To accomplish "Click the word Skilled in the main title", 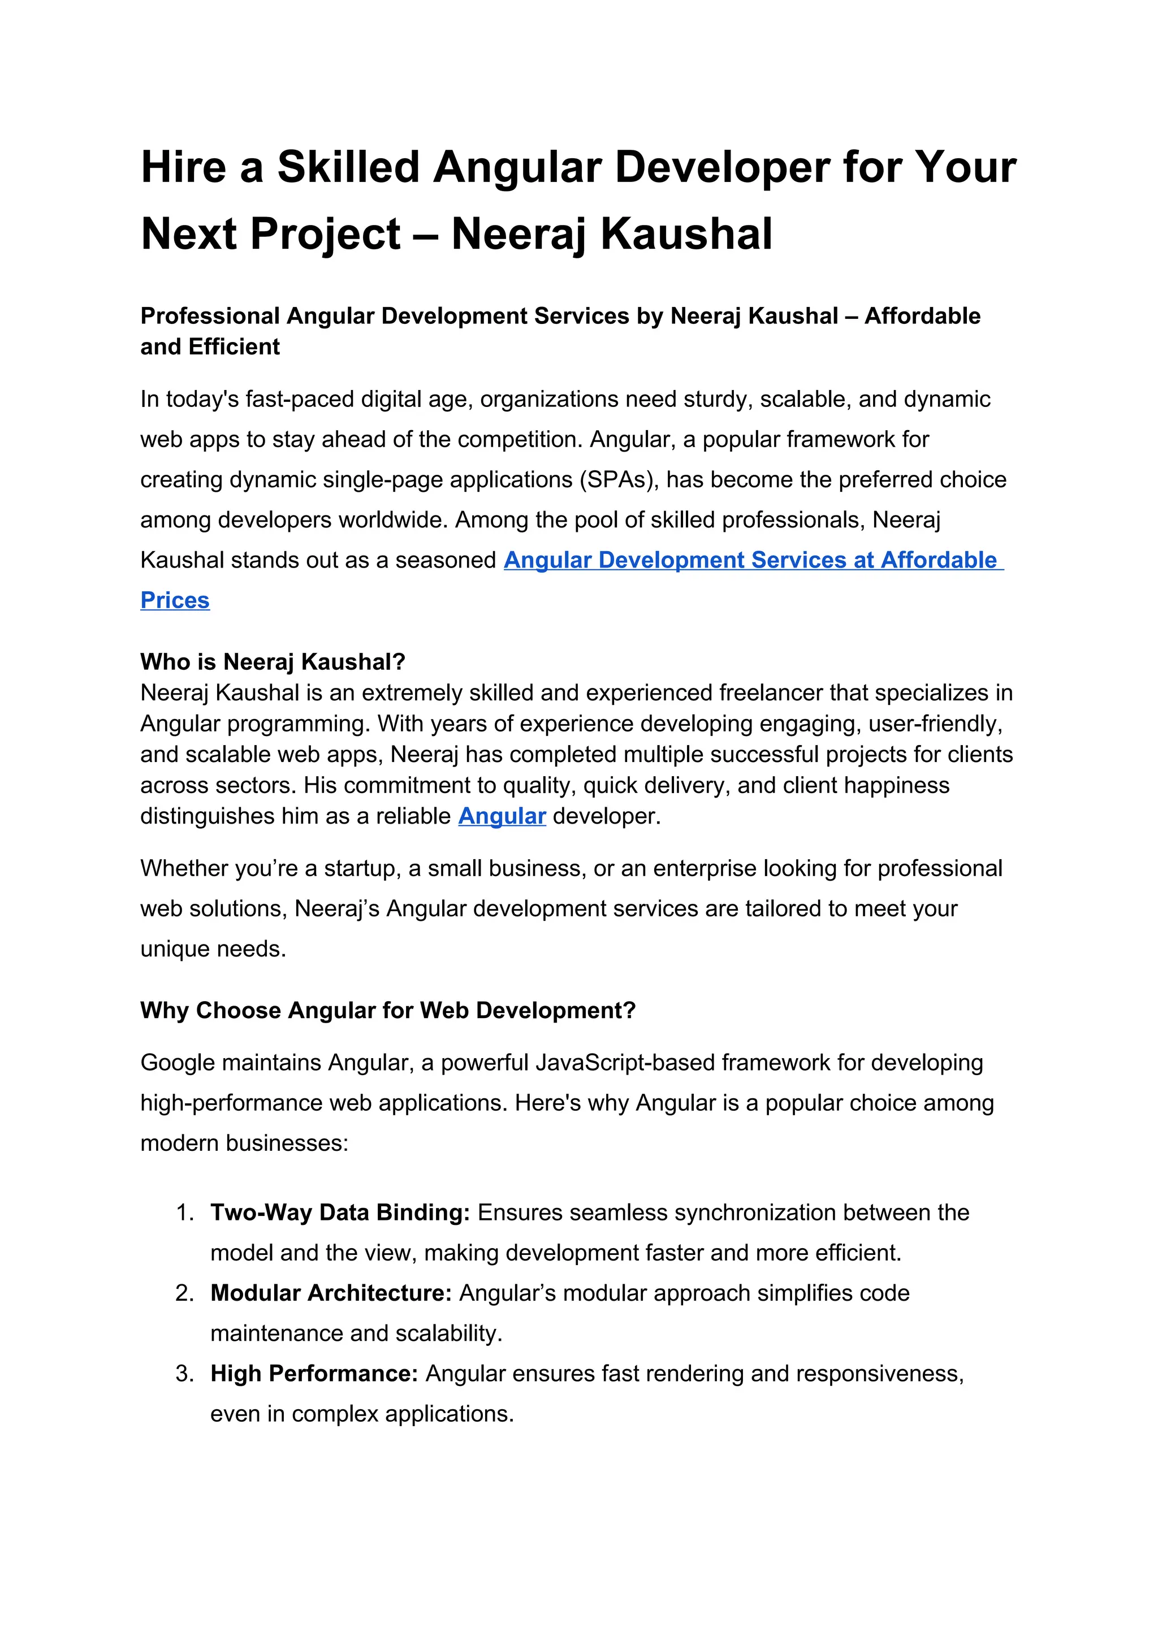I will click(x=349, y=167).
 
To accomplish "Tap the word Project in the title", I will click(x=325, y=234).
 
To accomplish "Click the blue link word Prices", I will click(x=175, y=600).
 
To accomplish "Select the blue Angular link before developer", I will click(x=502, y=816).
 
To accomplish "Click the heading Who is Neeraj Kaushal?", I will click(x=273, y=662).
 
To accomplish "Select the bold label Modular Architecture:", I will click(x=331, y=1293).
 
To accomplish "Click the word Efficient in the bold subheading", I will click(x=234, y=347).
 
